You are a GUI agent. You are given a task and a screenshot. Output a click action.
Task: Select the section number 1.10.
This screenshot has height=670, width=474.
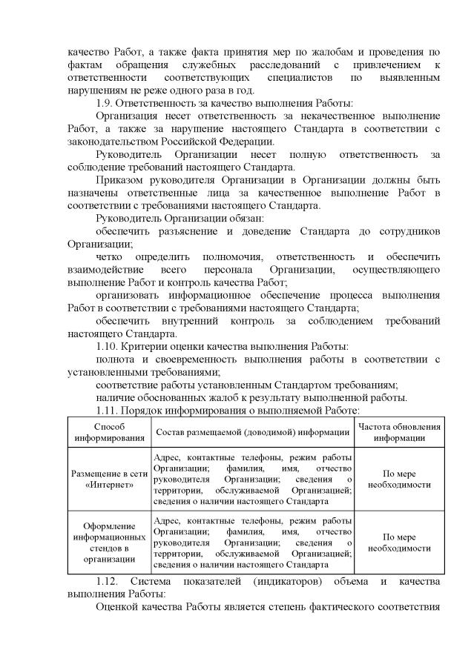tap(108, 347)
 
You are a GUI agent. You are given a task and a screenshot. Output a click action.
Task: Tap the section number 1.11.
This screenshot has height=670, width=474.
tap(108, 410)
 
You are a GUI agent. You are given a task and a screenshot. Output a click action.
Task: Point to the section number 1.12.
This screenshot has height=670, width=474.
tap(108, 581)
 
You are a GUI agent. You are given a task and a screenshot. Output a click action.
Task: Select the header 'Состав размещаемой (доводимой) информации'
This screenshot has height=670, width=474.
tap(252, 432)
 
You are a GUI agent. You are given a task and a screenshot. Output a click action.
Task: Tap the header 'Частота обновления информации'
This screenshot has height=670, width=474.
tap(399, 432)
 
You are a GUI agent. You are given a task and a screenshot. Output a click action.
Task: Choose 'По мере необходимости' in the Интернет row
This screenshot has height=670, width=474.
tap(399, 479)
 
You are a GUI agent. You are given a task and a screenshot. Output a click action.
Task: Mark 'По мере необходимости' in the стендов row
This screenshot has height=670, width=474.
tap(399, 542)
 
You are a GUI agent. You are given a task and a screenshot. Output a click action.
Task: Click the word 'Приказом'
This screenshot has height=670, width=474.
tap(121, 180)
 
